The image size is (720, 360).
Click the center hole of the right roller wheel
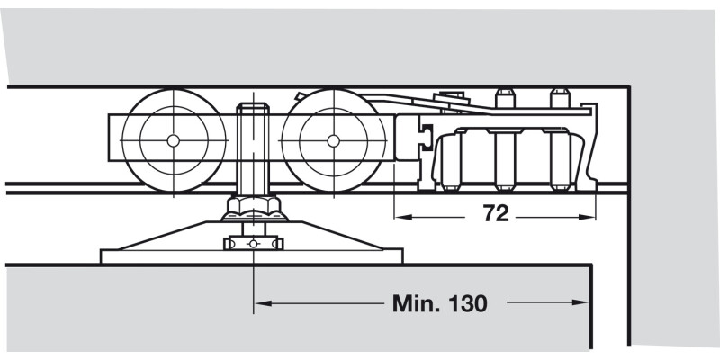click(x=333, y=140)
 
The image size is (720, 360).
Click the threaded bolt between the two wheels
click(x=253, y=144)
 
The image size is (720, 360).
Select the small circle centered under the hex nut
click(x=253, y=244)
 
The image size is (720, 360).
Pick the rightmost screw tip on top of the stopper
click(x=560, y=94)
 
